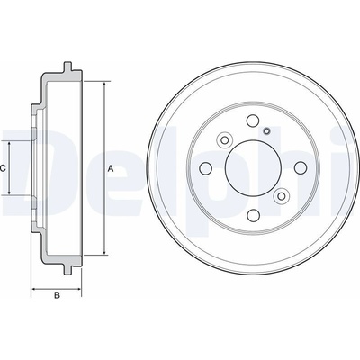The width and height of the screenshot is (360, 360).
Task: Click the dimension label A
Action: [111, 169]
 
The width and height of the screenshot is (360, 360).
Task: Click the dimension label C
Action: [3, 168]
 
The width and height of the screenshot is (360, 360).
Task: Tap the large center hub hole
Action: [253, 168]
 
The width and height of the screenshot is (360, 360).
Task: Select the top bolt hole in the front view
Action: [253, 121]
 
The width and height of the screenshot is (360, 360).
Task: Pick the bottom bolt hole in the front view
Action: [253, 215]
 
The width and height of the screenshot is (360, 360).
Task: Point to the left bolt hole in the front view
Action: [205, 168]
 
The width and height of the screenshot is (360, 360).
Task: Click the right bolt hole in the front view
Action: [301, 167]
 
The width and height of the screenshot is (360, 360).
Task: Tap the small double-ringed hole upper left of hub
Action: [224, 139]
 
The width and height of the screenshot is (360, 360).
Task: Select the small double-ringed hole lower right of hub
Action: [281, 196]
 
